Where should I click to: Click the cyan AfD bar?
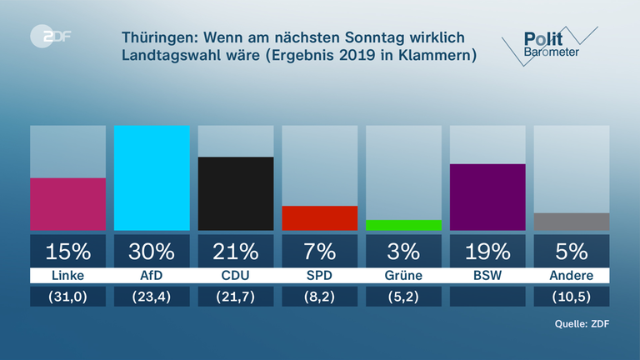(152, 177)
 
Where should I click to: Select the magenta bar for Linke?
(67, 203)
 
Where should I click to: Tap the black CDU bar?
(236, 193)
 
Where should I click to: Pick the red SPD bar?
(320, 217)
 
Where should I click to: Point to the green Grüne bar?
(403, 225)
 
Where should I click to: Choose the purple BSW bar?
(487, 197)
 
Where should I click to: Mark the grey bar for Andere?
(571, 222)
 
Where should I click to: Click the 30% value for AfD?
(152, 251)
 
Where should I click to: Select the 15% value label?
(67, 251)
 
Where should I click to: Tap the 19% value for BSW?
(487, 251)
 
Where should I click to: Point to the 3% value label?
(403, 251)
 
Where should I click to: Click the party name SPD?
(320, 276)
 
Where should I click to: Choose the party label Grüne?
(403, 276)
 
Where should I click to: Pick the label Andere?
(571, 276)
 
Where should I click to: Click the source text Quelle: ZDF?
(577, 324)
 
